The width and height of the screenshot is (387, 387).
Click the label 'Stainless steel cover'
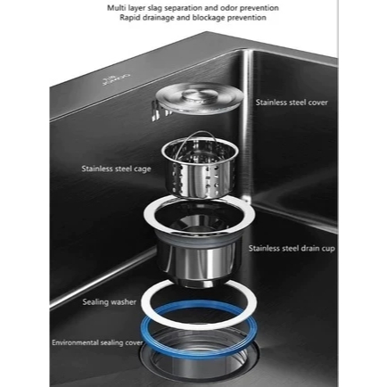click(x=292, y=103)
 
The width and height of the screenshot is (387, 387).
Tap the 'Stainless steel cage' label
click(x=116, y=169)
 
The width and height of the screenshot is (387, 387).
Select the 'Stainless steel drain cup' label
click(x=292, y=248)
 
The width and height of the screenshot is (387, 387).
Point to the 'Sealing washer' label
click(x=109, y=302)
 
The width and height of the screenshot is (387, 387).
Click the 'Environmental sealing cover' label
click(x=97, y=342)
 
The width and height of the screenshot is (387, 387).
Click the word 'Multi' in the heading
click(x=115, y=8)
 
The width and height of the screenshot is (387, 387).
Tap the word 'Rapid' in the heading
click(x=128, y=18)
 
